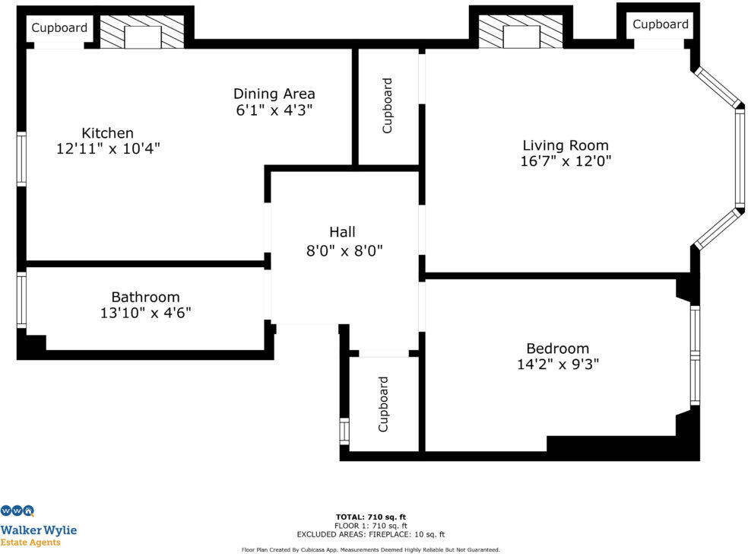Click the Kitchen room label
107,133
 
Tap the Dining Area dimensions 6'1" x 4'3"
274,110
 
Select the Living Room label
565,145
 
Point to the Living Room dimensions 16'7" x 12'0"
565,161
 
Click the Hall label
342,232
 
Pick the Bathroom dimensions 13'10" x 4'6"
145,312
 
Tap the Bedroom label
557,349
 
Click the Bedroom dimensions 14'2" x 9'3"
557,364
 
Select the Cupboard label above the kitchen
59,28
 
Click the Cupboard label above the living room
660,24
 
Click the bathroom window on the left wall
21,301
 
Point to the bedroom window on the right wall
695,355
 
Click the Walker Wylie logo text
38,530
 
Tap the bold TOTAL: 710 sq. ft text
370,517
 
